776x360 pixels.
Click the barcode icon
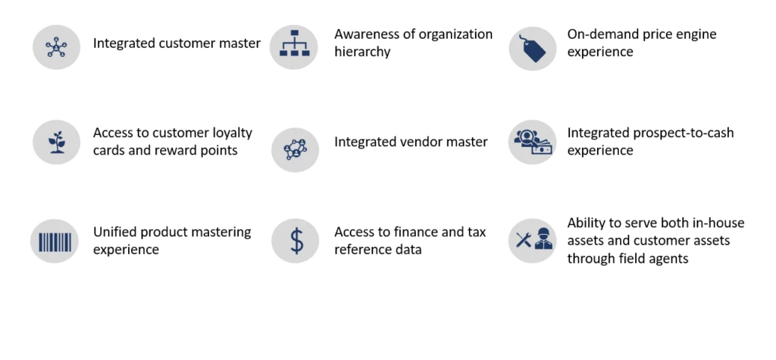(x=55, y=242)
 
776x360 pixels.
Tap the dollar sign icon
(x=296, y=242)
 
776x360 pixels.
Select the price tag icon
(x=533, y=48)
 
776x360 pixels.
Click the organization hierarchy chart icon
(x=295, y=43)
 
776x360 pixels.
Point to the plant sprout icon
(x=56, y=142)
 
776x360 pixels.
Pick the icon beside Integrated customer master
(x=56, y=48)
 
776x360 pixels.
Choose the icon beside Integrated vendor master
(x=295, y=149)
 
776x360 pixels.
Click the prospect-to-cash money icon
(x=533, y=142)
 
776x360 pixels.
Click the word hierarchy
(x=362, y=52)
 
